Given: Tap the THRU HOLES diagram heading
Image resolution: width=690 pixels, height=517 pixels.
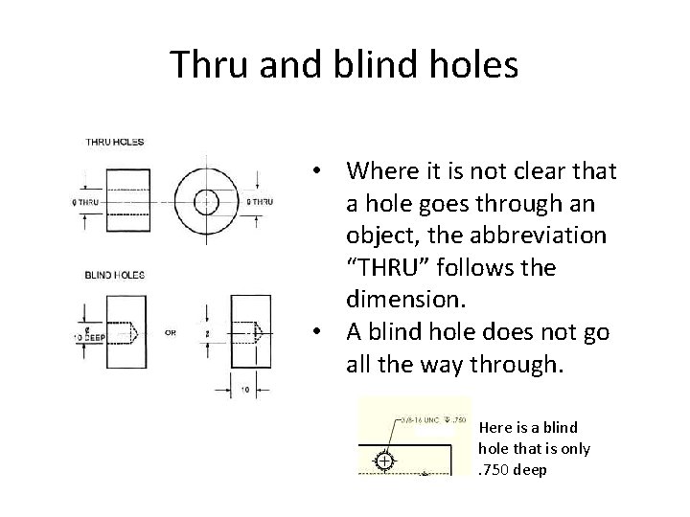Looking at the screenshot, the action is click(x=115, y=142).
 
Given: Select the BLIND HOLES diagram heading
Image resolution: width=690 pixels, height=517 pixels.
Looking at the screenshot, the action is click(x=115, y=276).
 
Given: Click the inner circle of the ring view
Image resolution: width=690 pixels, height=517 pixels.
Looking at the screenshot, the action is click(x=206, y=202).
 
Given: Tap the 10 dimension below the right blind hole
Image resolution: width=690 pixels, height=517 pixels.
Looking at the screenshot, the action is click(x=246, y=391).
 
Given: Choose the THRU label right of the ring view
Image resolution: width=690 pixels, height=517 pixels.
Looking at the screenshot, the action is click(x=260, y=202).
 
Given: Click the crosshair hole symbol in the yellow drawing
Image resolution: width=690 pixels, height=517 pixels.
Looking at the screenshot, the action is click(x=383, y=461).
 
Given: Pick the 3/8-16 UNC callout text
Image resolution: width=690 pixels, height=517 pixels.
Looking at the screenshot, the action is click(x=418, y=420).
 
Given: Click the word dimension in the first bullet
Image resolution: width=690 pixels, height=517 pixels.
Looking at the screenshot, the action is click(x=406, y=300).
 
